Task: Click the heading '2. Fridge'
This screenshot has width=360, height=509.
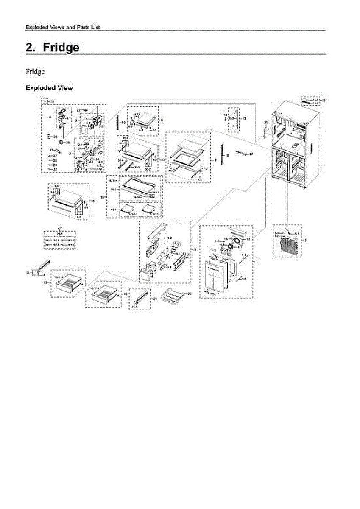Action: coord(53,48)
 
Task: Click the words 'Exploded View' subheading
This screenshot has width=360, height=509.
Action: coord(49,88)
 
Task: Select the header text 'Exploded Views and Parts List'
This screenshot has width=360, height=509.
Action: coord(63,27)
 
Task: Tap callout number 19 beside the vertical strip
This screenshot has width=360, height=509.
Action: coord(124,123)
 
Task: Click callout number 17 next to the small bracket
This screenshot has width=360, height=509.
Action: coord(251,154)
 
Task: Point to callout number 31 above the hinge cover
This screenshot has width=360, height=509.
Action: coord(265,123)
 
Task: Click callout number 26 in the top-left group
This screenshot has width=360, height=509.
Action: coord(67,142)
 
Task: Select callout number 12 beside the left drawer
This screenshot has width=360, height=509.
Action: coord(45,282)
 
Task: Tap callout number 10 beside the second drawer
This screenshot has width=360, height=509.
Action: coord(125,294)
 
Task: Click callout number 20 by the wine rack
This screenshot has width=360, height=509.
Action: coord(189,294)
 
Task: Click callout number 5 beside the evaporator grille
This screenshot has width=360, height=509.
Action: coord(306,240)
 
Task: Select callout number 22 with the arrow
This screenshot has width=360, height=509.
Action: coord(79,110)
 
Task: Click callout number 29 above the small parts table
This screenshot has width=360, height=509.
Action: coord(60,228)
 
